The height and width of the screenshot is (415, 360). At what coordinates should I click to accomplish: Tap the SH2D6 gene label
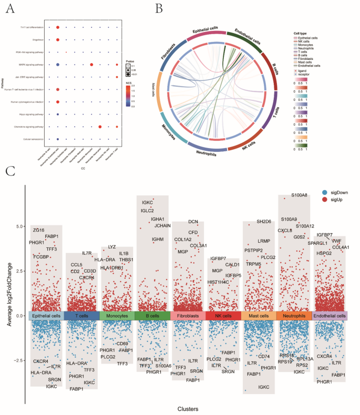coord(264,222)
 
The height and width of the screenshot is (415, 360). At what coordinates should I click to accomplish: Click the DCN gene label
coord(193,222)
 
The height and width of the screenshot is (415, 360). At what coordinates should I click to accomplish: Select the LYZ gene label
coord(112,246)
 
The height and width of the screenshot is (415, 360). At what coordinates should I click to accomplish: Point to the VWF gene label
coord(336,241)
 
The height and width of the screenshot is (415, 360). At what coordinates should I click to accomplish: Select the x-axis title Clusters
coord(187,408)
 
